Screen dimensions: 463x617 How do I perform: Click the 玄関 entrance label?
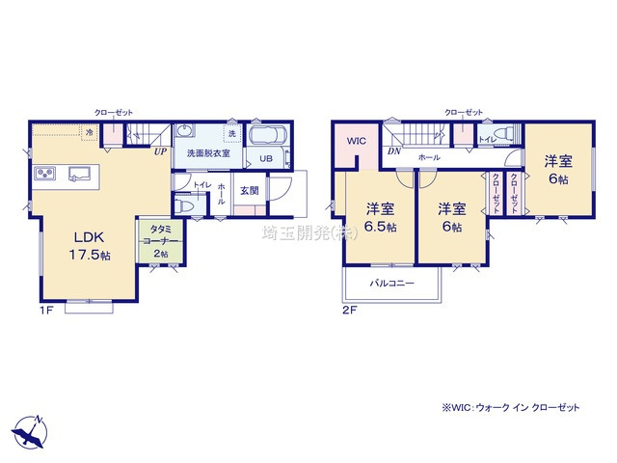[x=249, y=190]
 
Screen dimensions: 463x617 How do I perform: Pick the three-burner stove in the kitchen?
[x=46, y=174]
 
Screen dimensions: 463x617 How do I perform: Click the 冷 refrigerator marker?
[x=90, y=132]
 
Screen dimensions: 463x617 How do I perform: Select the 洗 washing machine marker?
[x=232, y=132]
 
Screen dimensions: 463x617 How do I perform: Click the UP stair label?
[x=159, y=151]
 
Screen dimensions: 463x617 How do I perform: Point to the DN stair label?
[x=393, y=151]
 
